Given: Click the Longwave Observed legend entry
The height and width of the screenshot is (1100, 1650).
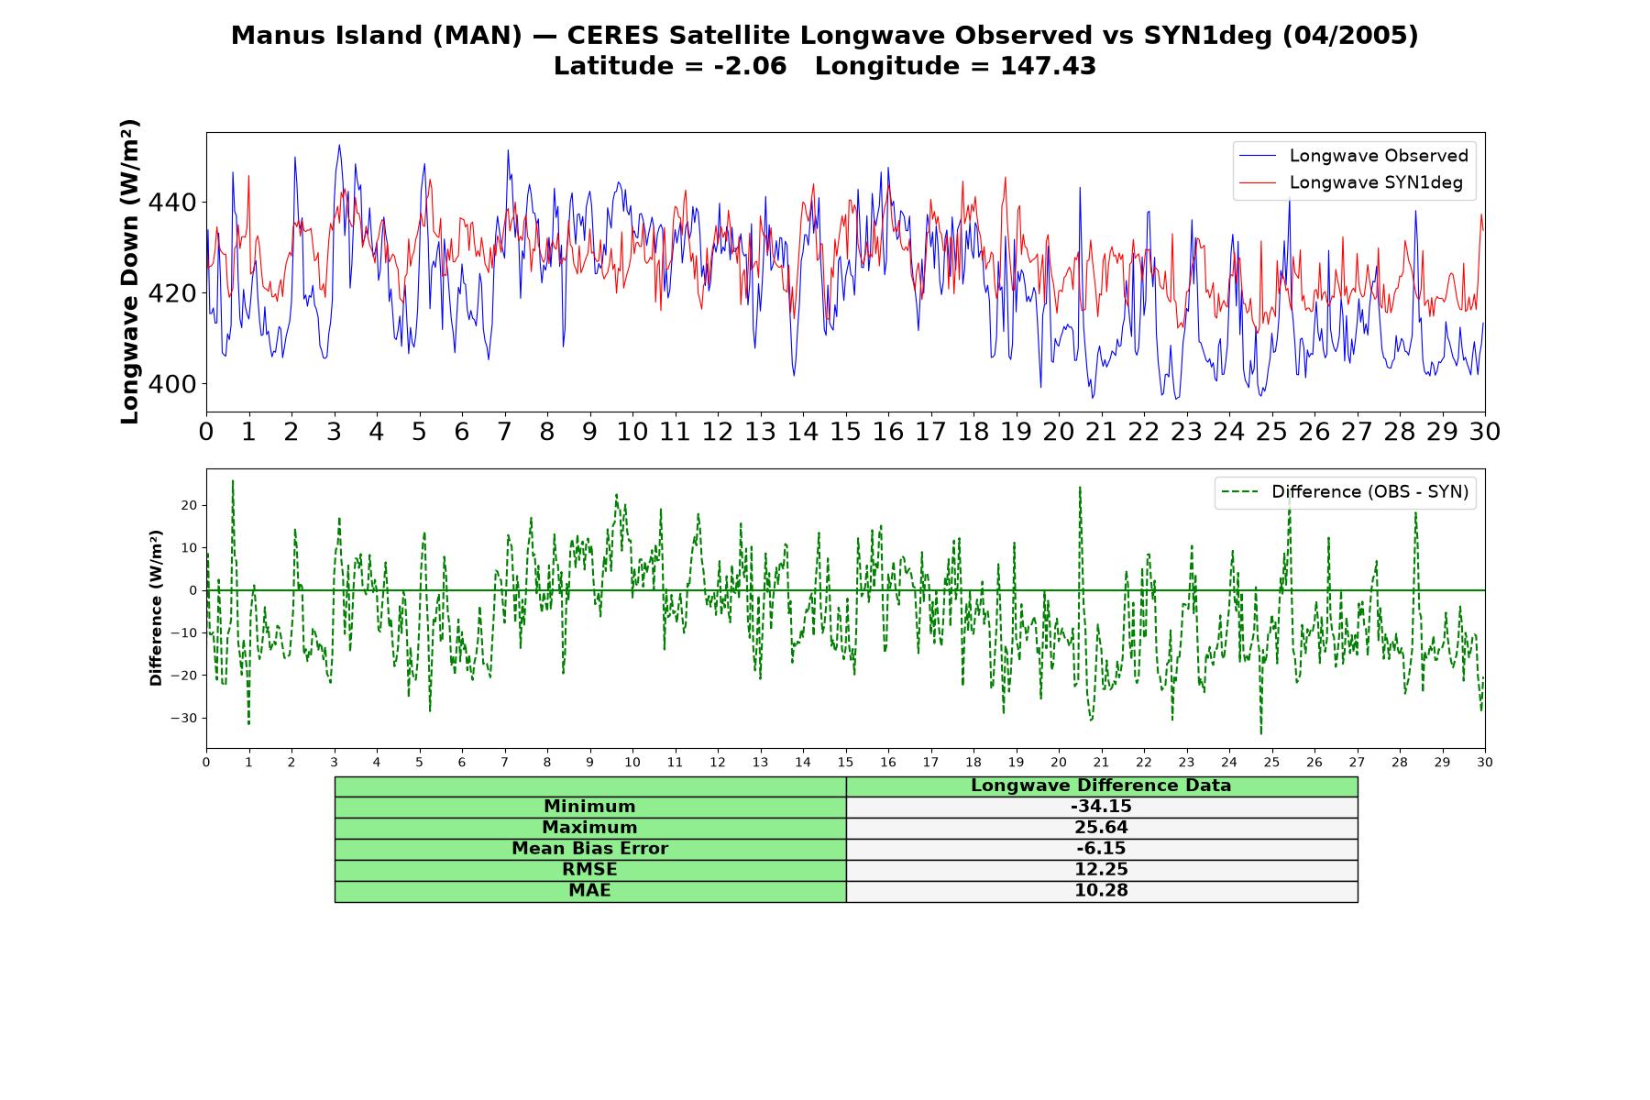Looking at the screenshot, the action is (1354, 156).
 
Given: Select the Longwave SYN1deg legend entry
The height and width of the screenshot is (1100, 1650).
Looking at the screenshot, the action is (1351, 182).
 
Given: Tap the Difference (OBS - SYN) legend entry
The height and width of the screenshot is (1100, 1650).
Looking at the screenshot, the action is (1346, 492).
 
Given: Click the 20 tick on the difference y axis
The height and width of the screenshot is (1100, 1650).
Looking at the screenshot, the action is (189, 505).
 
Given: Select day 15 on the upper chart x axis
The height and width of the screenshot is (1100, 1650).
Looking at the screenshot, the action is (845, 431).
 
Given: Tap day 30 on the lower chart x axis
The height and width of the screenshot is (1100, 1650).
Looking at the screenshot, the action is (1485, 762).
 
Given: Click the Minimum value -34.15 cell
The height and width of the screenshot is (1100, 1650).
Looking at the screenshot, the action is (1101, 807).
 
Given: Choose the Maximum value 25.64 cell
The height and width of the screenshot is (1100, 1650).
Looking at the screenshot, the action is (1101, 828).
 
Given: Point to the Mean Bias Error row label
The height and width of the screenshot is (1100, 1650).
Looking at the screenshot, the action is (589, 849).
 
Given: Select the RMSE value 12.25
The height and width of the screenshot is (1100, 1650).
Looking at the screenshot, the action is (1101, 870).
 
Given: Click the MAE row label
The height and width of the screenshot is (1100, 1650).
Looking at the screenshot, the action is (589, 891).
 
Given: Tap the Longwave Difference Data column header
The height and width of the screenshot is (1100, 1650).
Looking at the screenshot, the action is (1101, 786).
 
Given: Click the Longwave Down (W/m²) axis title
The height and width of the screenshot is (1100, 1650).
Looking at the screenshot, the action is (130, 271).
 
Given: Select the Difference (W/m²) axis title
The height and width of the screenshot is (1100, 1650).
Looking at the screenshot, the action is (156, 608).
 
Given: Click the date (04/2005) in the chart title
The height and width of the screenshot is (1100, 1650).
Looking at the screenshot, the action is (1349, 36).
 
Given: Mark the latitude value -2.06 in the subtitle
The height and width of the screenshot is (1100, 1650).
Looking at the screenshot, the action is (750, 66).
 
